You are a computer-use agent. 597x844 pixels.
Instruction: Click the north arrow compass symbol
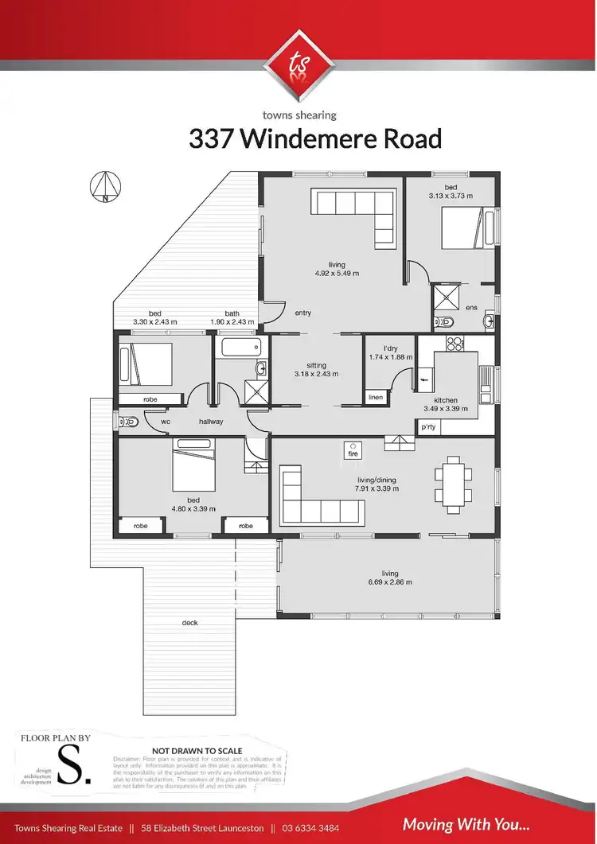click(105, 187)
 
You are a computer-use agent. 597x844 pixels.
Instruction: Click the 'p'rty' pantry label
click(428, 428)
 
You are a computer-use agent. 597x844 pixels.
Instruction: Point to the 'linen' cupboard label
click(375, 397)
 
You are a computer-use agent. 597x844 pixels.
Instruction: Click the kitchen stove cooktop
click(455, 344)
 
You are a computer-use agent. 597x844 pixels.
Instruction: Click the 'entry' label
click(302, 313)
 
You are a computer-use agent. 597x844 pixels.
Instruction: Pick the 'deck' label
click(189, 622)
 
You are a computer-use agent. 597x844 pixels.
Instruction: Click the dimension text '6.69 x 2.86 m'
click(390, 582)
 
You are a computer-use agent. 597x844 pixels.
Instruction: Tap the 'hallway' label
click(211, 422)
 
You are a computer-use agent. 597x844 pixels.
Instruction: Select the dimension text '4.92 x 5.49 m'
click(337, 274)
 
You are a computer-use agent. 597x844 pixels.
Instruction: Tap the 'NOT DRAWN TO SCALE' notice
click(196, 750)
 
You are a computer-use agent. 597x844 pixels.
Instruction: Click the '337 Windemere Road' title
click(315, 138)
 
